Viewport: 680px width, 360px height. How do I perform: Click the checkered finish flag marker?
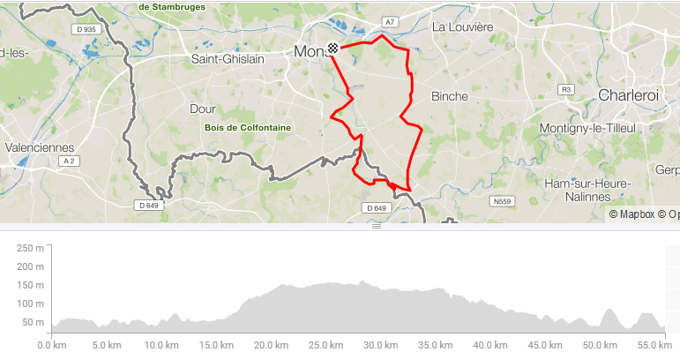[x=333, y=50]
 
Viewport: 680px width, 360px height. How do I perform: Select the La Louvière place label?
[x=462, y=27]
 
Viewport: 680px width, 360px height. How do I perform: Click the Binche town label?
[x=450, y=96]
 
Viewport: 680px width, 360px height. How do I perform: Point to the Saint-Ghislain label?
[x=228, y=59]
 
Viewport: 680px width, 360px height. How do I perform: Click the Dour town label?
[x=203, y=109]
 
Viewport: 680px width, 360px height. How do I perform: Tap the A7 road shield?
[x=390, y=21]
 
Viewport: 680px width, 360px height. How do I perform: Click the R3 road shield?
[x=566, y=90]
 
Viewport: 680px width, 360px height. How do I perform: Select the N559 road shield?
[x=502, y=201]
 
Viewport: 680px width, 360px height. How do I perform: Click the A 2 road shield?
[x=69, y=162]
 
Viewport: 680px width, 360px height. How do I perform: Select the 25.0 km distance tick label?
[x=327, y=345]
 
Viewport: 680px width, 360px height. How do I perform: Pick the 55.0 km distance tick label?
[x=652, y=345]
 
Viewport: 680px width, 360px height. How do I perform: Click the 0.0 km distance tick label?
[x=52, y=345]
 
